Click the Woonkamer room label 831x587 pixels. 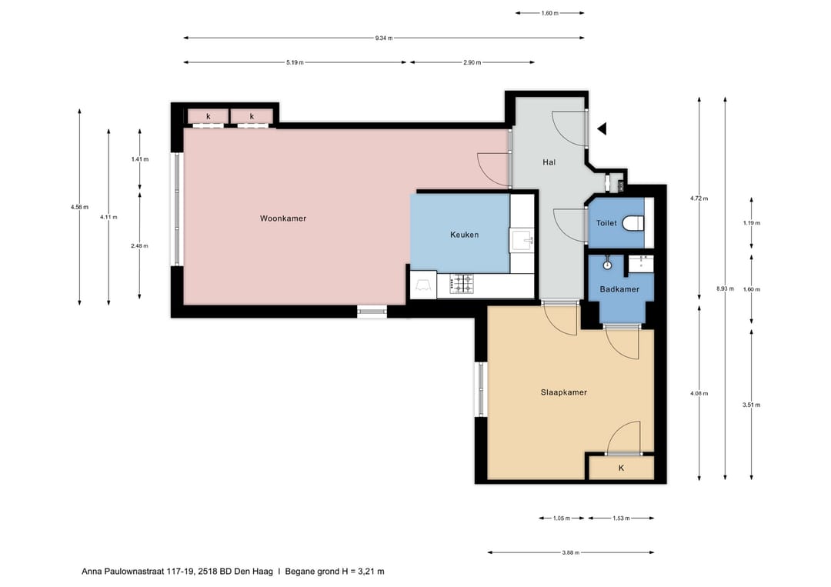283,218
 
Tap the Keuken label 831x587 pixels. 465,235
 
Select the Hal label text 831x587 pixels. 549,162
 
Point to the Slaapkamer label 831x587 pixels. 563,392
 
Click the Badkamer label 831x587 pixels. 619,289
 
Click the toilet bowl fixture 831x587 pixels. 633,223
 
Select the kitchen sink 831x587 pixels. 523,240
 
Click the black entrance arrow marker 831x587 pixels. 602,128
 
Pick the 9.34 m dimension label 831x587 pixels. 384,38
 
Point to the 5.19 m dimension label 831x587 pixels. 294,62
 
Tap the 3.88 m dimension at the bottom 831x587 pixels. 571,552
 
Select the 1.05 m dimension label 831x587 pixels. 562,519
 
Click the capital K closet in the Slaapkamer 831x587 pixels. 621,468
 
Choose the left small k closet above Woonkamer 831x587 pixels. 208,116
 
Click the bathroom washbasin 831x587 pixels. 640,263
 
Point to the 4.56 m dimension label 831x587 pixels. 79,207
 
